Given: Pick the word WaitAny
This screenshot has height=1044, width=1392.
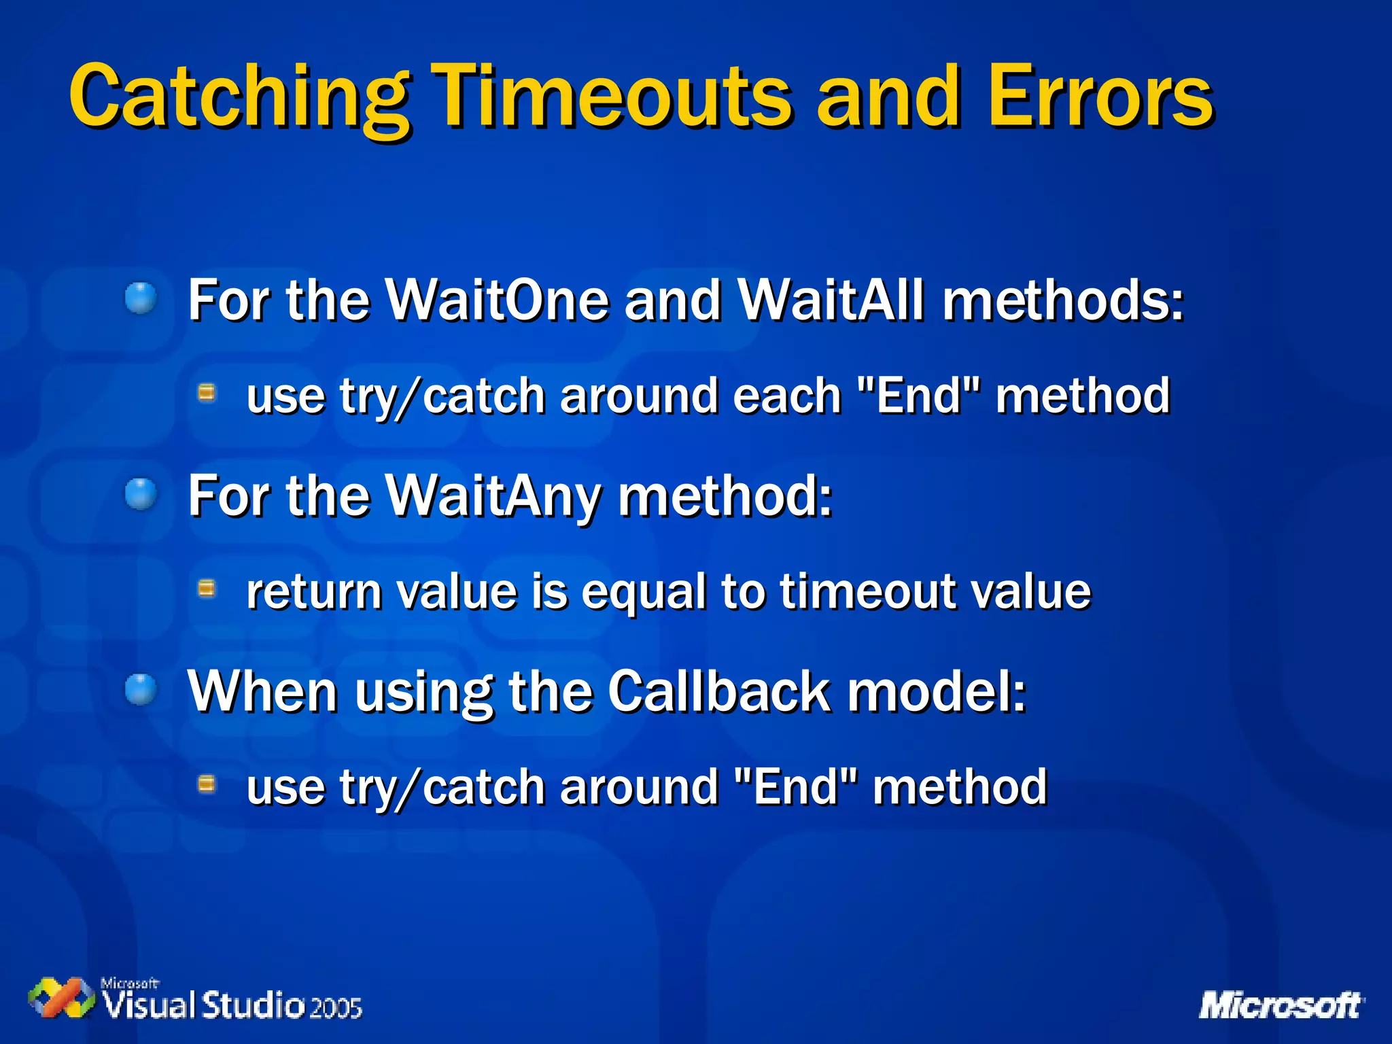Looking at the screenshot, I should click(494, 496).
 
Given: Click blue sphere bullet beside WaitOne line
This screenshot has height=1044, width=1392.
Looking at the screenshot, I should click(141, 298).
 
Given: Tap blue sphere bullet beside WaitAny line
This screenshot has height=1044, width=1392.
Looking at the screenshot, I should click(141, 494).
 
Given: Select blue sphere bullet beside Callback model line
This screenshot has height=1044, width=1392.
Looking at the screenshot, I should click(141, 690).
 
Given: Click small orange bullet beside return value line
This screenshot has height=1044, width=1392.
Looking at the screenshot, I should click(207, 589).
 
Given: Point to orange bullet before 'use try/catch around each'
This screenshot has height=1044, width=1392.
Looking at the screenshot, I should click(207, 393).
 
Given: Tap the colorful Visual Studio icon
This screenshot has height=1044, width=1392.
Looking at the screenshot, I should click(61, 998).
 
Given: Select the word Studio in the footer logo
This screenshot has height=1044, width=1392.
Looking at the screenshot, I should click(254, 1005).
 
